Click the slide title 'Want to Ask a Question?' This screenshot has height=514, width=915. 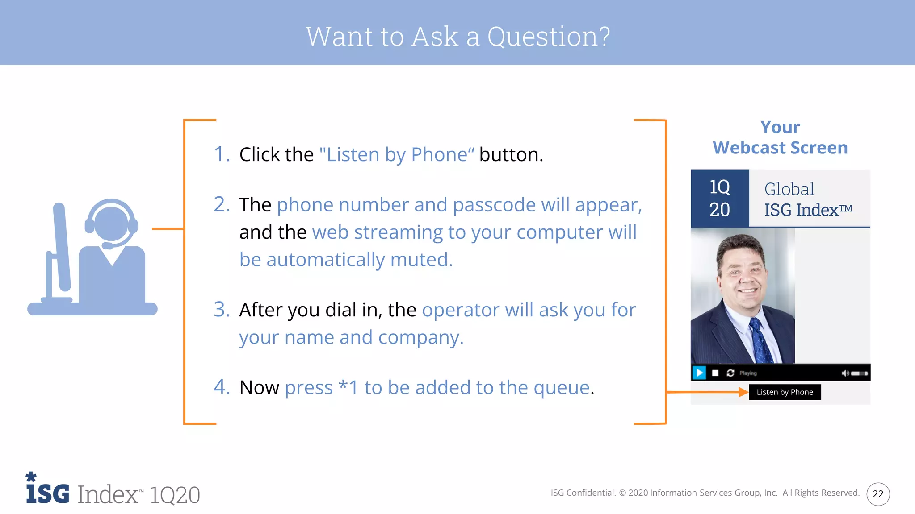[x=457, y=37]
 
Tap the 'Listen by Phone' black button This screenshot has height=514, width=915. [x=785, y=392]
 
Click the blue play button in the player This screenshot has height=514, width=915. [x=699, y=373]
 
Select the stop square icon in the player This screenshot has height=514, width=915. [x=715, y=373]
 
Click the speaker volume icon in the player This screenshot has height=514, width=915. [x=845, y=373]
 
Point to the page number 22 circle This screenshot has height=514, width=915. [x=878, y=494]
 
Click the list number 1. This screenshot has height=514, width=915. [x=221, y=154]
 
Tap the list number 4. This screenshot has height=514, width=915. [x=221, y=387]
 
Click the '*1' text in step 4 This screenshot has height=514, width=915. [x=348, y=387]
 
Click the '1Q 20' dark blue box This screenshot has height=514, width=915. [x=719, y=198]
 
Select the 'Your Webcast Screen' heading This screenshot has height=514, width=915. [x=780, y=137]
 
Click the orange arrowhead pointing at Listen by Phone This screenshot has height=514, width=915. [x=743, y=392]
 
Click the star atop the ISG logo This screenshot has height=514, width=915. [x=31, y=476]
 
